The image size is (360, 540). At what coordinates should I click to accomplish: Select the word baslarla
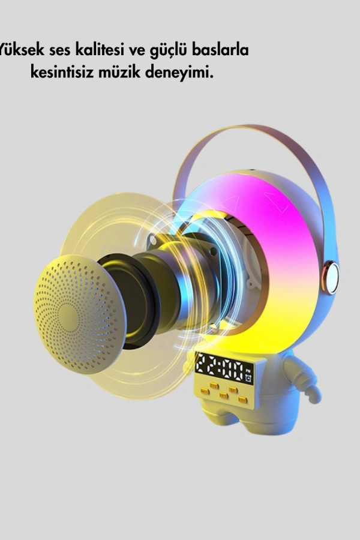coord(220,50)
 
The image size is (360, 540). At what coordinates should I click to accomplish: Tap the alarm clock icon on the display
coord(248,379)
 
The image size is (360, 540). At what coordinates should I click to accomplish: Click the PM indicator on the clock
coord(248,371)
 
